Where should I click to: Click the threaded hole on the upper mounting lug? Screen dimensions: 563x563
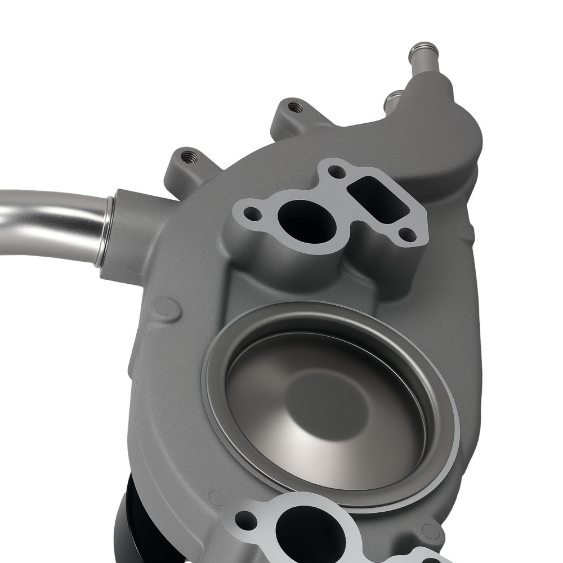pos(292,105)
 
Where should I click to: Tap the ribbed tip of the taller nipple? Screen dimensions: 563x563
pos(423,47)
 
